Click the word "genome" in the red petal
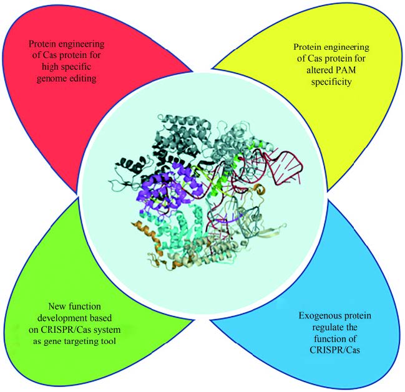click(48, 80)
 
